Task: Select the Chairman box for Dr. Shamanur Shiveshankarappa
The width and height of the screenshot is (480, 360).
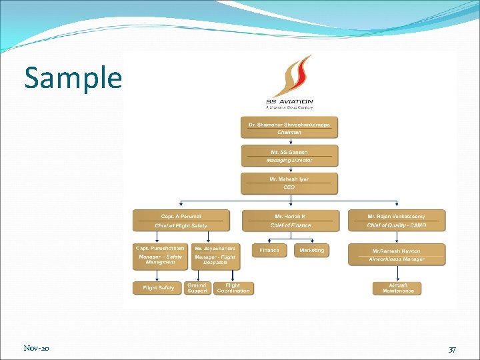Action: point(289,128)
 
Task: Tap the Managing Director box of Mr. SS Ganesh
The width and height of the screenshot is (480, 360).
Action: point(289,156)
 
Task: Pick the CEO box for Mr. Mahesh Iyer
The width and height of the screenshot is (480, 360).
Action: point(289,183)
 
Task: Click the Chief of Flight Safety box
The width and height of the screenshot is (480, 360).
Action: point(181,221)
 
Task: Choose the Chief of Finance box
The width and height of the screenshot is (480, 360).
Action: point(290,221)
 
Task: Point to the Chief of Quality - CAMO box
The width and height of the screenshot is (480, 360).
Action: point(397,221)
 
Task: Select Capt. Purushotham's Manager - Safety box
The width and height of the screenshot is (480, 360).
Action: point(161,257)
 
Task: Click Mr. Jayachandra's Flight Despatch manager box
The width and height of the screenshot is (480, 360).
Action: point(215,257)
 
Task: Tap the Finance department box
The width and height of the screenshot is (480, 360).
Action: point(269,251)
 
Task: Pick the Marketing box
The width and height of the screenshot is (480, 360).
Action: point(311,251)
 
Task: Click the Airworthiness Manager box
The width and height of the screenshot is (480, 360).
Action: point(397,255)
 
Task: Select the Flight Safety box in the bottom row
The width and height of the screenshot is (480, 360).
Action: point(158,288)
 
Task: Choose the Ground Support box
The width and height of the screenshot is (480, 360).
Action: point(198,288)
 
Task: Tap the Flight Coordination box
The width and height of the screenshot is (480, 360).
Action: point(234,288)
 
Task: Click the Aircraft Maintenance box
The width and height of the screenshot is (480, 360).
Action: point(397,288)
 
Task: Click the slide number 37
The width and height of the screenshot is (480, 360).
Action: point(452,349)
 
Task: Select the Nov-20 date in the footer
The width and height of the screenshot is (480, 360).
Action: point(36,349)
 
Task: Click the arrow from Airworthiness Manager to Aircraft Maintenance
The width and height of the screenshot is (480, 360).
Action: point(397,273)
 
